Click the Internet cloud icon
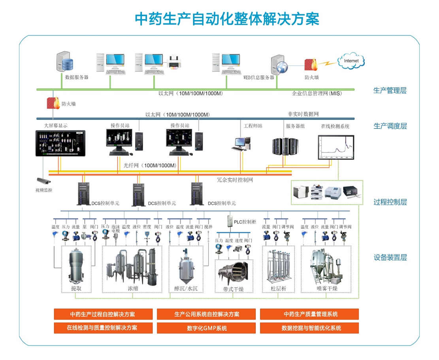(x=351, y=61)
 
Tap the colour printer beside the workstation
(x=173, y=63)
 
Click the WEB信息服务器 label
(x=259, y=78)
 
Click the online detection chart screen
(x=336, y=147)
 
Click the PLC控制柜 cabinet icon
(x=230, y=221)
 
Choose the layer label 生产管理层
(x=390, y=90)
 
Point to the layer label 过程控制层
(x=390, y=202)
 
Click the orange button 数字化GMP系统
(x=207, y=328)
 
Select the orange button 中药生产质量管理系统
(x=309, y=314)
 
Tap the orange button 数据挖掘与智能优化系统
(x=309, y=328)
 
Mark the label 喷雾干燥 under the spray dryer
(x=327, y=288)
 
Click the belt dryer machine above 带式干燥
(x=235, y=273)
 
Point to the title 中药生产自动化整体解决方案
(x=227, y=19)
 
